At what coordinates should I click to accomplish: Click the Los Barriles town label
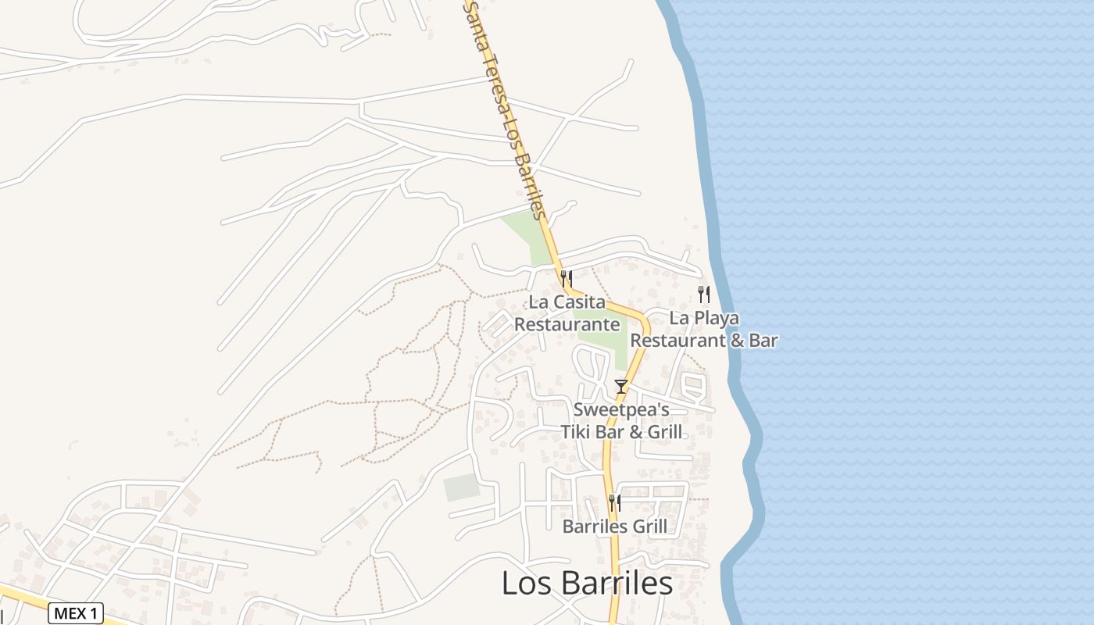[x=586, y=584]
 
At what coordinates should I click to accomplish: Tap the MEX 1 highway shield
[x=75, y=613]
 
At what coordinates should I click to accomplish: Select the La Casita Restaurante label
[x=567, y=312]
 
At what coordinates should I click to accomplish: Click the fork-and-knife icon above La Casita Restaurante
[x=567, y=277]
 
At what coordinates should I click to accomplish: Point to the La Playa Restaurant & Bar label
[x=704, y=329]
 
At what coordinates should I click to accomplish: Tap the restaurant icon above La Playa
[x=704, y=294]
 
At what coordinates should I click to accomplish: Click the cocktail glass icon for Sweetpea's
[x=621, y=386]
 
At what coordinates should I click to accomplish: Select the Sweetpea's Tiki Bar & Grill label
[x=621, y=420]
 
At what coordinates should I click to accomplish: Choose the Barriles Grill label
[x=615, y=527]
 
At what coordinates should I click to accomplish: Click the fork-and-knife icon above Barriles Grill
[x=615, y=502]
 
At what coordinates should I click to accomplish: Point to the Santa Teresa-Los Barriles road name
[x=504, y=109]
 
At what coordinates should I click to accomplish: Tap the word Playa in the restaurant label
[x=715, y=319]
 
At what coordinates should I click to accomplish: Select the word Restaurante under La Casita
[x=567, y=324]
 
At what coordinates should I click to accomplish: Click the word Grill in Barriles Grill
[x=649, y=527]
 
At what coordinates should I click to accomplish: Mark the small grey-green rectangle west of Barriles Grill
[x=462, y=487]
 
